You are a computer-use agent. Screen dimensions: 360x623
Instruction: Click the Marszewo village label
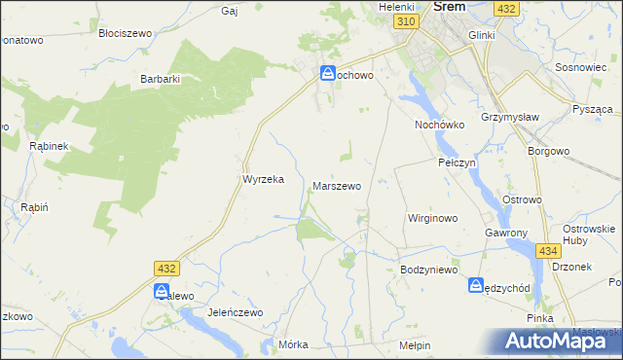(x=337, y=185)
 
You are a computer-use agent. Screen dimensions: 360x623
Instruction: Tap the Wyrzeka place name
(x=262, y=179)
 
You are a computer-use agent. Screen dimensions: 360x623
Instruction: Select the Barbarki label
(x=162, y=79)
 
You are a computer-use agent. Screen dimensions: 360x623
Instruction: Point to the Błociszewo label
(x=126, y=32)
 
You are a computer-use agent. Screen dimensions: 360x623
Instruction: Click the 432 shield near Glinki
(x=505, y=8)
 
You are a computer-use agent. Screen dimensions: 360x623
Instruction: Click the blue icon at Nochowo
(x=329, y=73)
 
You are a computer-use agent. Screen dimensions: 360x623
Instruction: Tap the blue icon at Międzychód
(x=476, y=286)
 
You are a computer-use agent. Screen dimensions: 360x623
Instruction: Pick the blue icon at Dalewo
(x=162, y=292)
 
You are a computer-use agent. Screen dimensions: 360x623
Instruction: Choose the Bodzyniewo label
(x=428, y=270)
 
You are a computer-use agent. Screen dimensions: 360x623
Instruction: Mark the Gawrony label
(x=505, y=234)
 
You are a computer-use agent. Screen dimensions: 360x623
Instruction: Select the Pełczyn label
(x=457, y=162)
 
